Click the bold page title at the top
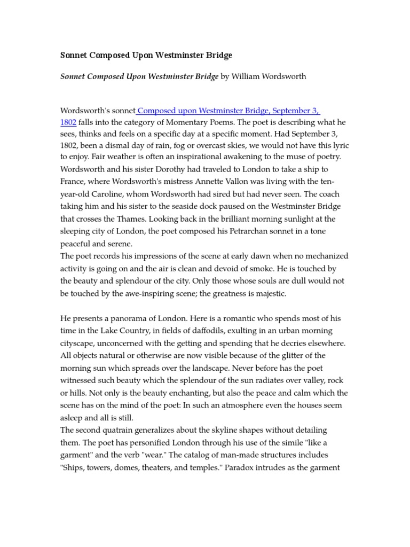146,56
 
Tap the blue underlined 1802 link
68,122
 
